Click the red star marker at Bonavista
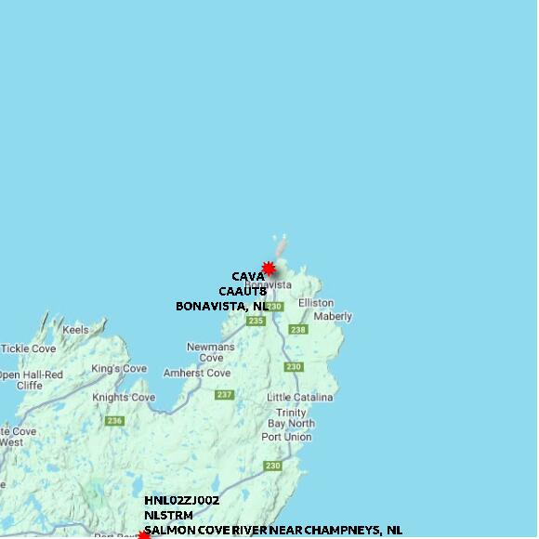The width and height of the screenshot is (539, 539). (269, 269)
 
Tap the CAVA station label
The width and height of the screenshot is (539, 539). (248, 277)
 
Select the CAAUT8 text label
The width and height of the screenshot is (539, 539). (243, 291)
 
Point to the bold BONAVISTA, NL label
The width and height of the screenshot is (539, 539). (222, 306)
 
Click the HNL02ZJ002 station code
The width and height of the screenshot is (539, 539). (181, 501)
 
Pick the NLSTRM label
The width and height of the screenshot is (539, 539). (168, 515)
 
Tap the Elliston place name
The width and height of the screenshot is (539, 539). (316, 303)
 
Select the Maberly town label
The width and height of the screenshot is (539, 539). (333, 317)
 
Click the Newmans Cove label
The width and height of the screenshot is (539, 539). (211, 352)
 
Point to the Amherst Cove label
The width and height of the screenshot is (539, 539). (197, 373)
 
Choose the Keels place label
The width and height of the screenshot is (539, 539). (75, 330)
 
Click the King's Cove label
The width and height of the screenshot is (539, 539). (119, 369)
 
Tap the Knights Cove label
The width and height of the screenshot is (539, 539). (124, 398)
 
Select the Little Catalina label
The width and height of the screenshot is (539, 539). (299, 398)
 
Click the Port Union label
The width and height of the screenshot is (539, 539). (286, 437)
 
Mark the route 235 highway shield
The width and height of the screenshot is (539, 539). (256, 321)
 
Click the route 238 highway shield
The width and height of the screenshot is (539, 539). (297, 330)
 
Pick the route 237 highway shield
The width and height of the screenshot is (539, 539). (224, 395)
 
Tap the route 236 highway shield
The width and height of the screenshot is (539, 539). (114, 421)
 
